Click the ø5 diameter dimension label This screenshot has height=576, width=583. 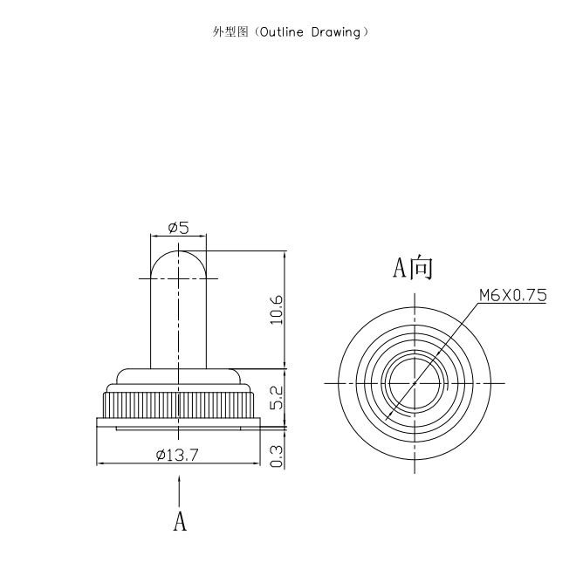click(x=178, y=227)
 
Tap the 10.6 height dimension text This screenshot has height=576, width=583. click(x=277, y=310)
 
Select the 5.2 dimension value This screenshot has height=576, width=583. click(x=277, y=398)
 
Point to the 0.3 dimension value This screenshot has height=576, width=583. click(x=277, y=456)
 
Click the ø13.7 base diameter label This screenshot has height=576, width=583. click(x=178, y=455)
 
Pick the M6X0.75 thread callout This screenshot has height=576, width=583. click(x=512, y=295)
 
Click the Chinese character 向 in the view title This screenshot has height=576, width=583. click(x=422, y=267)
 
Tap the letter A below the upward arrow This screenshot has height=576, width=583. click(x=180, y=521)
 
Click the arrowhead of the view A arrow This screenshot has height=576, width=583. click(x=180, y=480)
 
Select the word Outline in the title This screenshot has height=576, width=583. click(x=282, y=32)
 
